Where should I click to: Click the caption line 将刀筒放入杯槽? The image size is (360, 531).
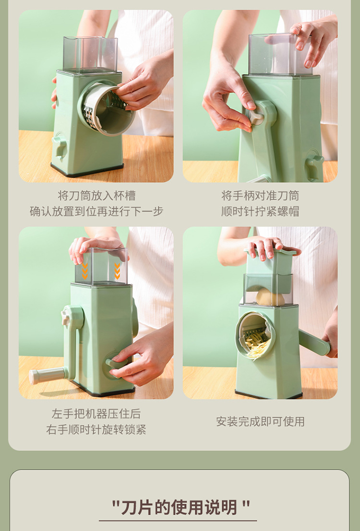[96, 196]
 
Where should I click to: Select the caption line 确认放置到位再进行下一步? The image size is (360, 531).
[96, 212]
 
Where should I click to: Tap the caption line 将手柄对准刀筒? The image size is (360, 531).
[260, 196]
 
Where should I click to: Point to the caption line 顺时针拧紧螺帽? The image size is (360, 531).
[260, 212]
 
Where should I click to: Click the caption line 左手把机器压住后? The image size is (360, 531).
[96, 413]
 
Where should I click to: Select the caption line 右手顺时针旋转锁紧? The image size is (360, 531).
[96, 430]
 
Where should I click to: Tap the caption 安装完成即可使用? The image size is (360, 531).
[260, 422]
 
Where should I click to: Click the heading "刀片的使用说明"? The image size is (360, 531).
[180, 507]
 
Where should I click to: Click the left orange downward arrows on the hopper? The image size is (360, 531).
[85, 271]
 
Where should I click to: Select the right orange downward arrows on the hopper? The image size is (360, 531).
[117, 271]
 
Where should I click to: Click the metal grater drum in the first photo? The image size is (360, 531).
[103, 108]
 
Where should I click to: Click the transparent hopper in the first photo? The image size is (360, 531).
[90, 54]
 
